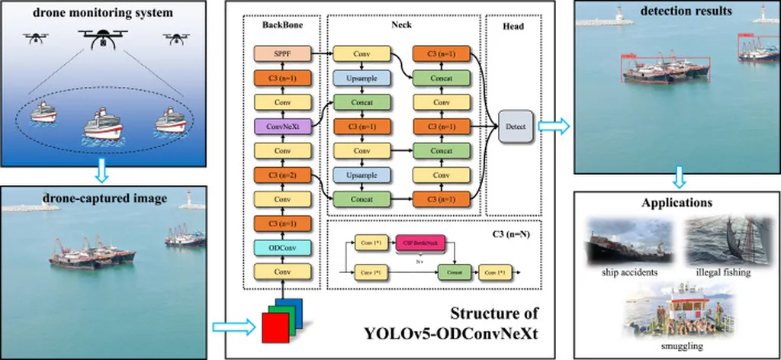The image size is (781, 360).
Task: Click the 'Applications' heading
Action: tap(676, 204)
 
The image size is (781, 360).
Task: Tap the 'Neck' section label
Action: tap(403, 24)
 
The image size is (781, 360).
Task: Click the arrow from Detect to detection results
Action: tap(554, 127)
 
